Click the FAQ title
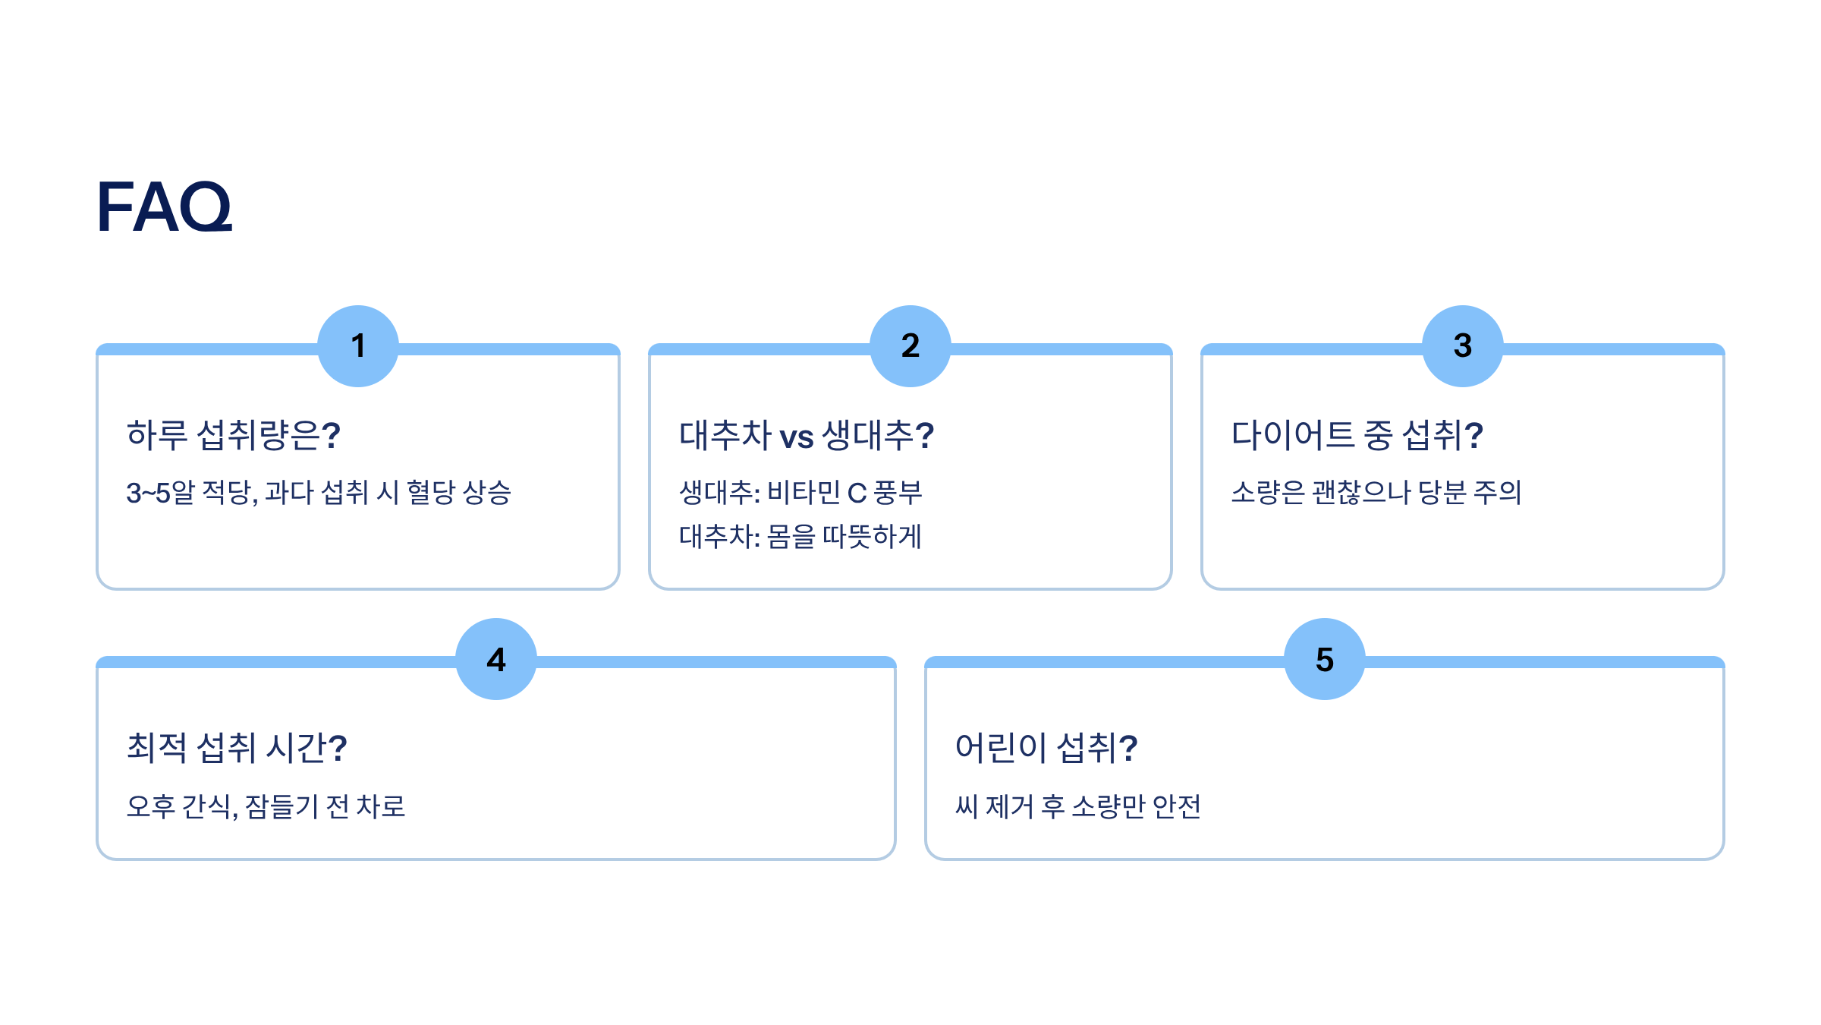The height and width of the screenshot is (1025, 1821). pyautogui.click(x=165, y=207)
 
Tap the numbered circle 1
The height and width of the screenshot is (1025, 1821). pyautogui.click(x=358, y=346)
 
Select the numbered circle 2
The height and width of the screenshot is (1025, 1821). pyautogui.click(x=910, y=346)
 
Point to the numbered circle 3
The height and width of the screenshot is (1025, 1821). pyautogui.click(x=1463, y=346)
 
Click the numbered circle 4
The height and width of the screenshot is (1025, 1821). pyautogui.click(x=496, y=659)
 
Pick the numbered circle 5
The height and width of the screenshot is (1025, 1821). pyautogui.click(x=1325, y=659)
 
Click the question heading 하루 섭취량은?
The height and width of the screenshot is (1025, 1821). pyautogui.click(x=234, y=435)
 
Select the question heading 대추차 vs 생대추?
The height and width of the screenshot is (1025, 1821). pyautogui.click(x=807, y=435)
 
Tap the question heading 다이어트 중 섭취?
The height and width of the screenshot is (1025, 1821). pyautogui.click(x=1357, y=435)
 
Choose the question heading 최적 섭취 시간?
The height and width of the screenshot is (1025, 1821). pyautogui.click(x=237, y=748)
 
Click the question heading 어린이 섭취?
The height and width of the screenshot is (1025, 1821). pyautogui.click(x=1046, y=748)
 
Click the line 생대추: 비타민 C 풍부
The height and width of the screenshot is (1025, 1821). pyautogui.click(x=800, y=493)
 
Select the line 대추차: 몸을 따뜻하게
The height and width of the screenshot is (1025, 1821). pyautogui.click(x=800, y=537)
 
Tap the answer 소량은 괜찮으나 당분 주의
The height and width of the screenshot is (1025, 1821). pyautogui.click(x=1376, y=493)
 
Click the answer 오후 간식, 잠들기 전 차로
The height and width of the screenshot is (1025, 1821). pyautogui.click(x=266, y=806)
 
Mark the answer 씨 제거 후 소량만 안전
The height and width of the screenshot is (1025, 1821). pyautogui.click(x=1078, y=806)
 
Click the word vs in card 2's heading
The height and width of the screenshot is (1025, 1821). pyautogui.click(x=797, y=437)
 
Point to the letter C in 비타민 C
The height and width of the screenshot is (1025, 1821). pyautogui.click(x=857, y=494)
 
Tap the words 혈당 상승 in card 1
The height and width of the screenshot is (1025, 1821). pyautogui.click(x=459, y=493)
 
